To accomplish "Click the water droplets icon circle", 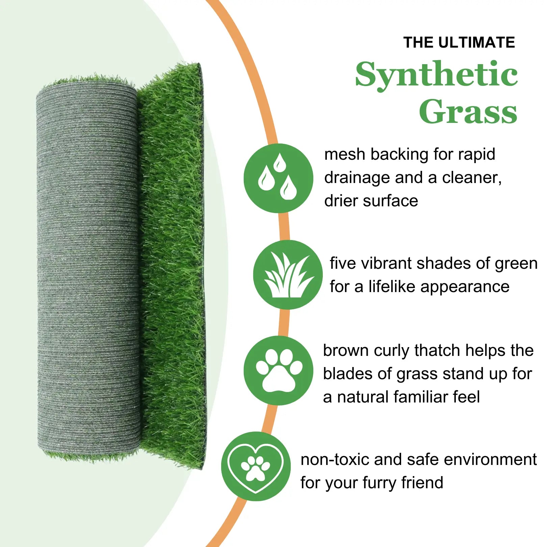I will (278, 178).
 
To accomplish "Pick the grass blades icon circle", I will (288, 275).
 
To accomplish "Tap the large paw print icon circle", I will (278, 370).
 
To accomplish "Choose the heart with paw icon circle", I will (256, 466).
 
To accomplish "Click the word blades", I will (348, 374).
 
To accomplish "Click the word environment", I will (490, 460).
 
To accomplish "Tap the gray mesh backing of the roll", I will (88, 270).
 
